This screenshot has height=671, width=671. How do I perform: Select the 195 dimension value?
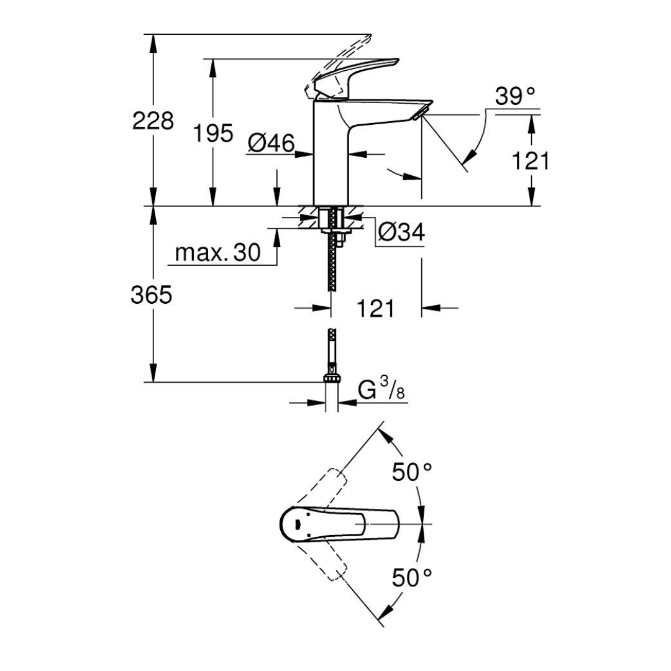(x=213, y=133)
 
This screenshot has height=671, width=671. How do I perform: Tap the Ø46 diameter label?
(x=272, y=143)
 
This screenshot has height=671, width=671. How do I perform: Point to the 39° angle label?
(x=515, y=96)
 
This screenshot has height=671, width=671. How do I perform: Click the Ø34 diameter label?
(x=401, y=232)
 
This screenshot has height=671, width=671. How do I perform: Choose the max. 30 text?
(x=218, y=252)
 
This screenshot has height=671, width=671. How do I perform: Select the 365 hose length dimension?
(x=152, y=295)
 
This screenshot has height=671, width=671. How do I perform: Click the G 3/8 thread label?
(x=381, y=390)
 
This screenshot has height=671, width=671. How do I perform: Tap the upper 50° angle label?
(x=412, y=472)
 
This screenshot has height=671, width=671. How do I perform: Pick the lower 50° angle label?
(x=412, y=578)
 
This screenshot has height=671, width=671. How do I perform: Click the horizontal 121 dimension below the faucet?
(x=375, y=308)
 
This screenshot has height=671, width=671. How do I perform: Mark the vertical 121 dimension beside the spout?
(x=530, y=161)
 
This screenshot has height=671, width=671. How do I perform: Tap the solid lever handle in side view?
(x=356, y=76)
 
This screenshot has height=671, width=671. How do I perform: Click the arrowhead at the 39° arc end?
(x=472, y=155)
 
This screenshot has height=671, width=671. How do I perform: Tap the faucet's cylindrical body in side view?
(x=331, y=153)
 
